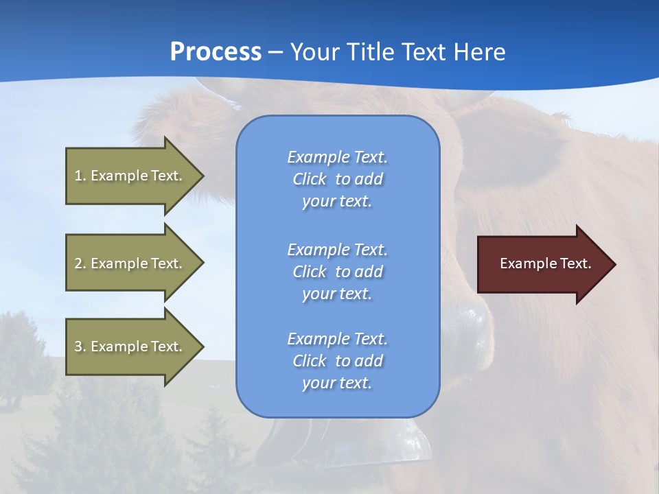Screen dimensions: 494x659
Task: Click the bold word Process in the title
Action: pyautogui.click(x=216, y=51)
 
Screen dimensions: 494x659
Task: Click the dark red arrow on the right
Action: pyautogui.click(x=542, y=264)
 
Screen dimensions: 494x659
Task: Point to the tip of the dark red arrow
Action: pyautogui.click(x=614, y=264)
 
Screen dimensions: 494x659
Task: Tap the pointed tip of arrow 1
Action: pyautogui.click(x=202, y=176)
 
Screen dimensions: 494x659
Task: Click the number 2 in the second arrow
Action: pyautogui.click(x=78, y=263)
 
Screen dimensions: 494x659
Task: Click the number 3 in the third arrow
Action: pyautogui.click(x=78, y=346)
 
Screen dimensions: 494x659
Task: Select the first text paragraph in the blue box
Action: pyautogui.click(x=337, y=179)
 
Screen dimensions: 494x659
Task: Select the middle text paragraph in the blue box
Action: pyautogui.click(x=337, y=272)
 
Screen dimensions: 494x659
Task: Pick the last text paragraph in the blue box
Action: pyautogui.click(x=337, y=361)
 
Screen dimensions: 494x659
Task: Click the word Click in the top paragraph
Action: pyautogui.click(x=309, y=179)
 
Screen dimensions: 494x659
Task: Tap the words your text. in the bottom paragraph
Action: pyautogui.click(x=337, y=384)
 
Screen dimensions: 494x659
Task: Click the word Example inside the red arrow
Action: pyautogui.click(x=524, y=263)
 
